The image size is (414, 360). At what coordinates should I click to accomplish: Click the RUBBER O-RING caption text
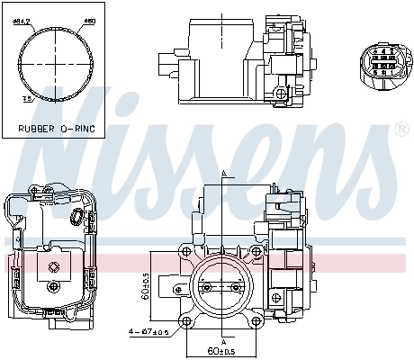(56, 128)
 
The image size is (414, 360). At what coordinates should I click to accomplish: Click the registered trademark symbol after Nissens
(402, 130)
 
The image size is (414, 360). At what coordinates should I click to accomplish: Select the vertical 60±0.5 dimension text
(145, 286)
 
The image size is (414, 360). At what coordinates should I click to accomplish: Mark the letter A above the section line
(222, 173)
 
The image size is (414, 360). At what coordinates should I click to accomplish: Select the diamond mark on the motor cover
(55, 265)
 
